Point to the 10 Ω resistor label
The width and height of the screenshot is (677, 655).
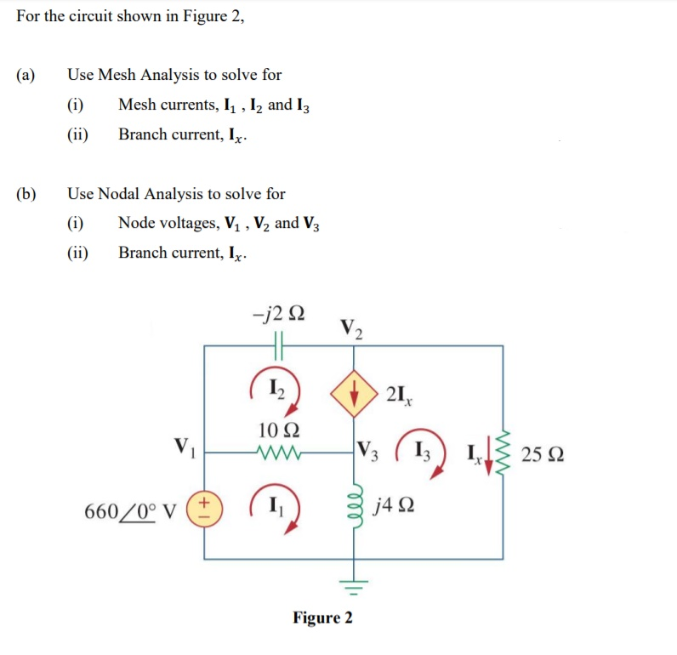click(x=279, y=428)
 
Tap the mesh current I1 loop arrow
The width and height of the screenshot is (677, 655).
click(x=279, y=510)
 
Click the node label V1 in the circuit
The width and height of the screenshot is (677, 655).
click(x=183, y=445)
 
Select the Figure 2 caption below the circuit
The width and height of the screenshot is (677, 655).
click(x=322, y=617)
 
